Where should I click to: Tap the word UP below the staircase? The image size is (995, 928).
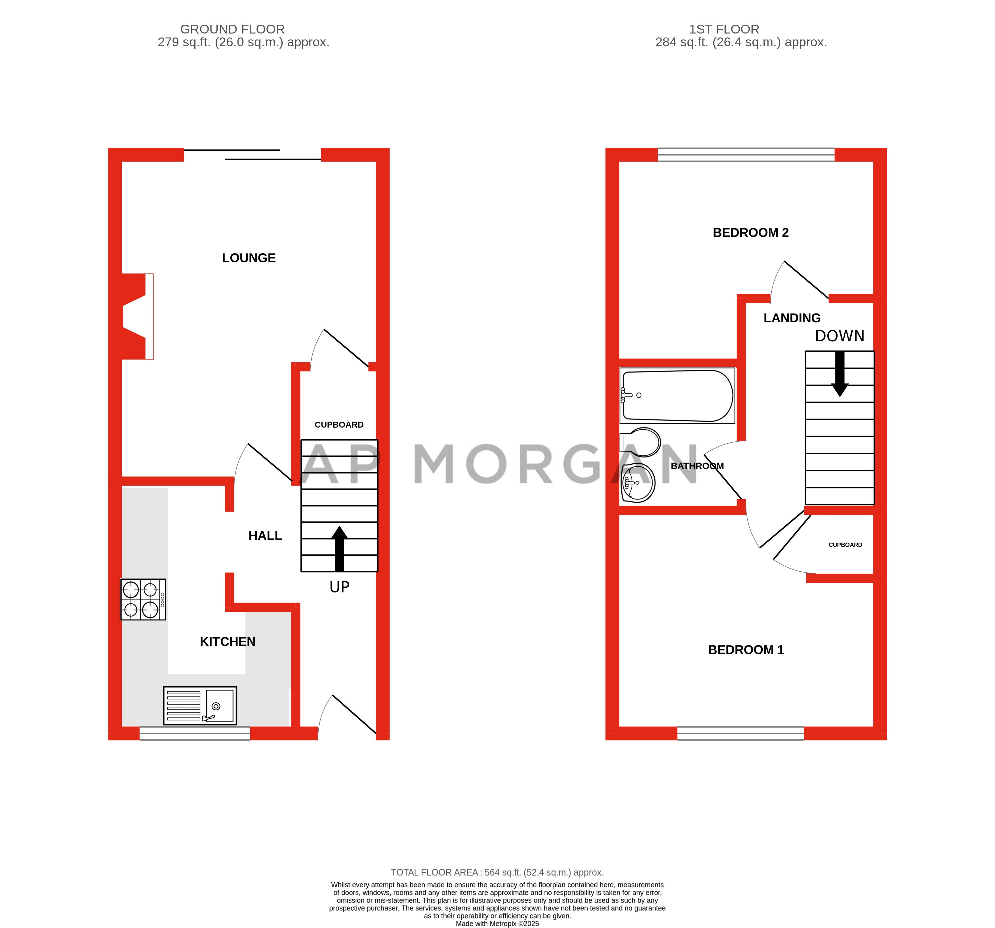(339, 587)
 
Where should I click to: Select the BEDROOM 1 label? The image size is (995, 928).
(746, 649)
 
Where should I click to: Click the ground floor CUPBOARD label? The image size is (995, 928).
(339, 425)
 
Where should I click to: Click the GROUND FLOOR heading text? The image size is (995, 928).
(232, 29)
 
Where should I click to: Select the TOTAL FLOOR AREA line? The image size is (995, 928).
(497, 872)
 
